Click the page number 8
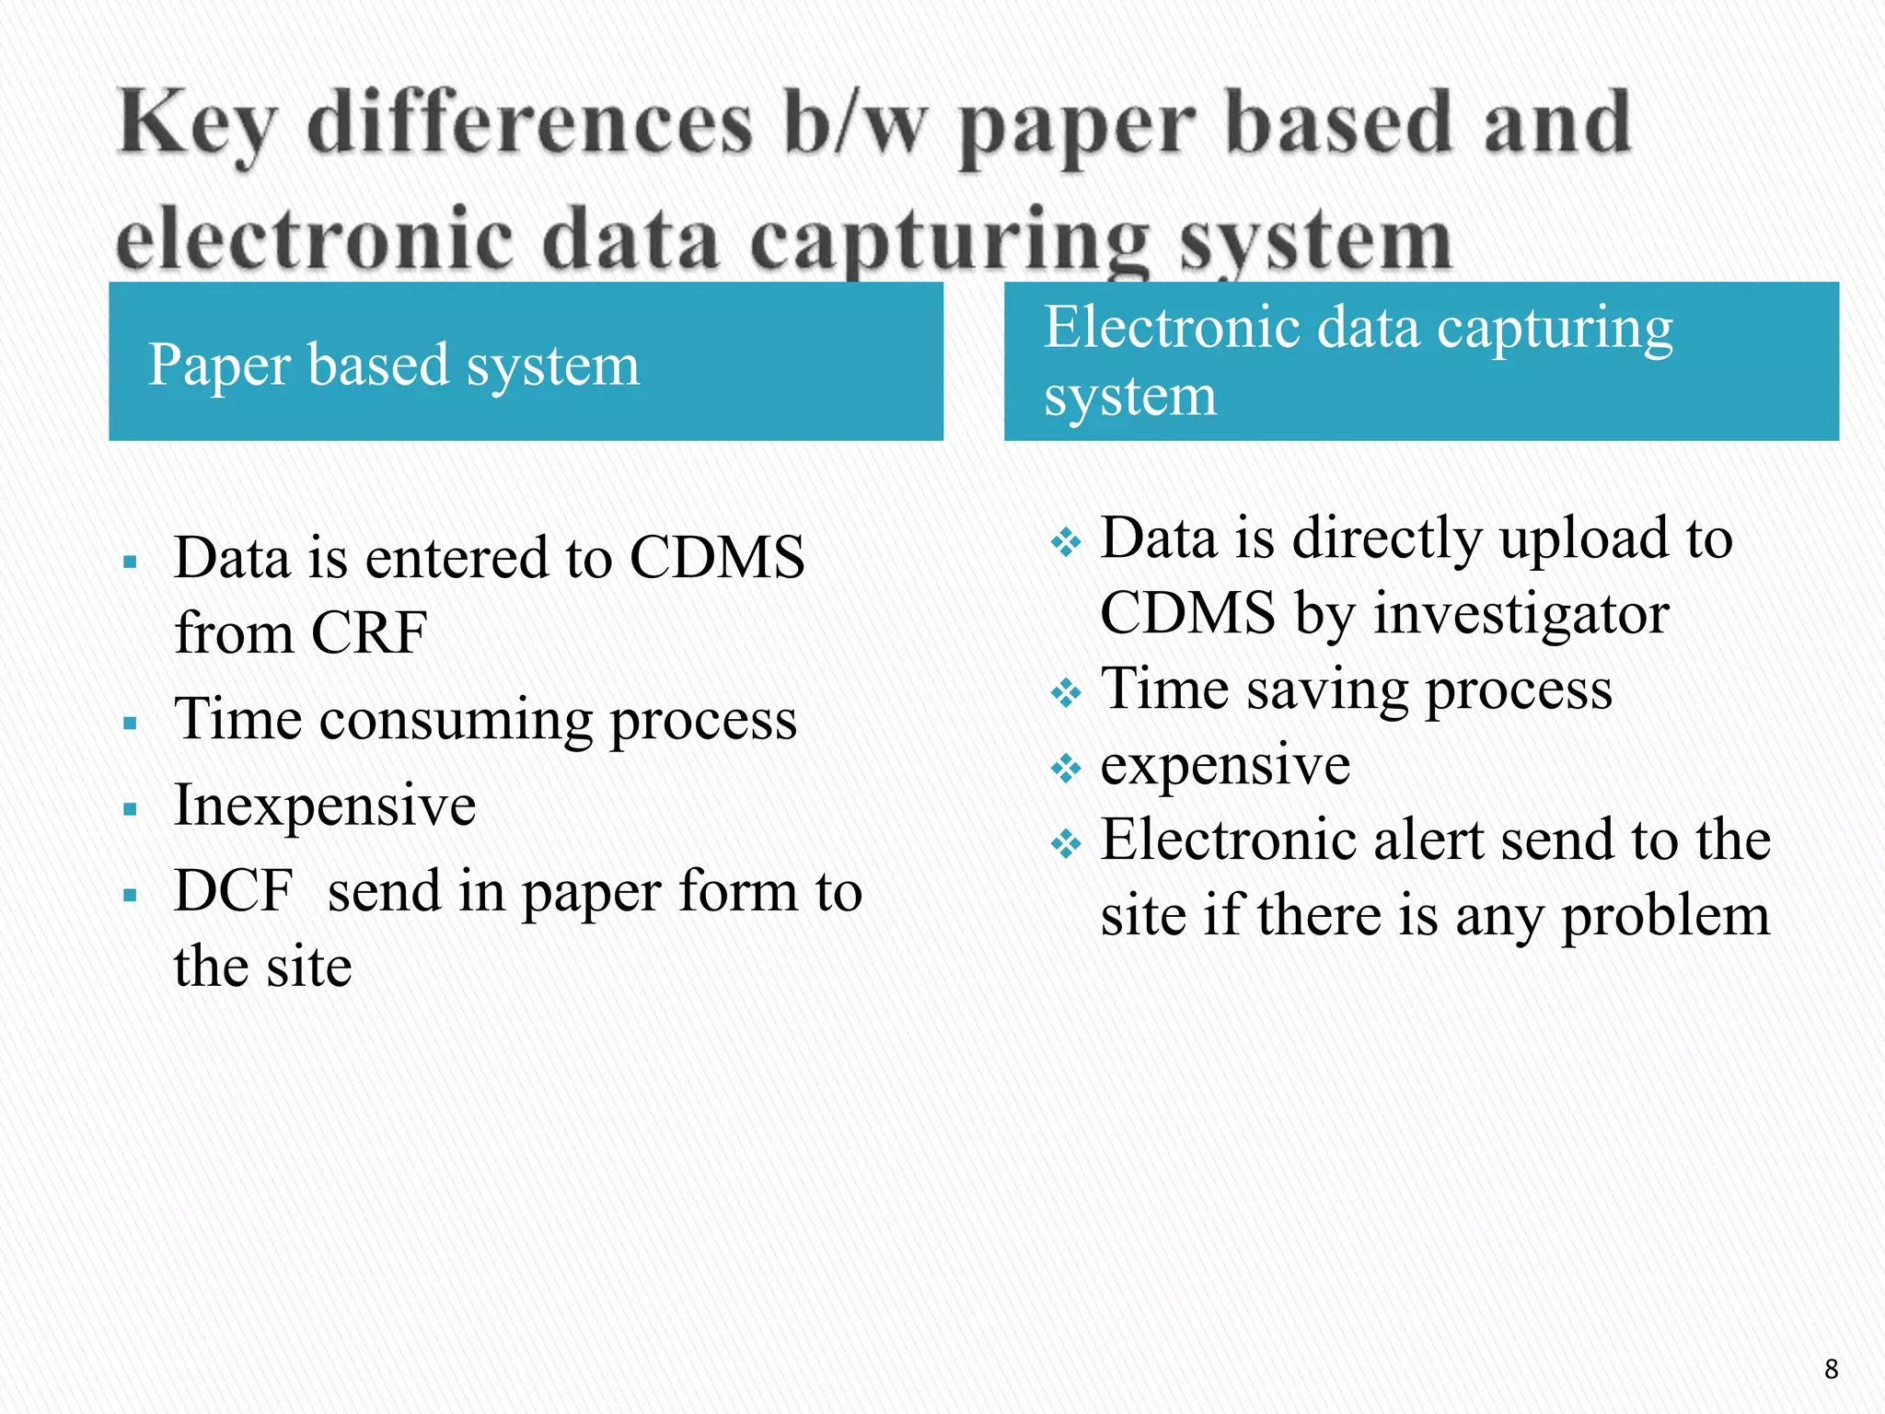click(1831, 1369)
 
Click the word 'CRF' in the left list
click(369, 633)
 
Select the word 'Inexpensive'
click(325, 806)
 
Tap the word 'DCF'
click(234, 891)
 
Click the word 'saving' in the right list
click(1326, 690)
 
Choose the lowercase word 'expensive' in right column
click(1225, 765)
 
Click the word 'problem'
click(1666, 916)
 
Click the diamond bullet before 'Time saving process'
click(1066, 692)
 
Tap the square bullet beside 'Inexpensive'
click(130, 810)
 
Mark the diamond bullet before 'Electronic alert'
click(1066, 843)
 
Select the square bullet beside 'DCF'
click(130, 895)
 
